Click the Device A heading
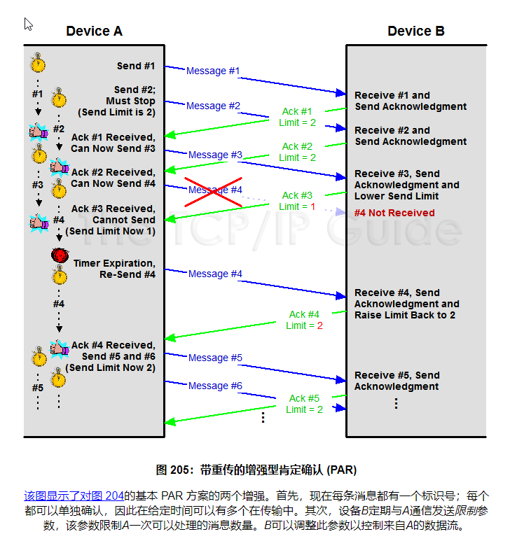point(94,31)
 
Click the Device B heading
point(416,31)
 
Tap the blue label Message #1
point(213,71)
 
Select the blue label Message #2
point(213,106)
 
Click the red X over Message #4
point(214,190)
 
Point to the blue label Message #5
point(215,358)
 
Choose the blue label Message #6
point(215,386)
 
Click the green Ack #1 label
point(297,111)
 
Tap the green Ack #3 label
point(297,195)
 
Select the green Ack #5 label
point(304,398)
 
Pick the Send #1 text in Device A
point(136,66)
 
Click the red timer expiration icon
point(59,255)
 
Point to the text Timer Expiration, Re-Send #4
point(114,269)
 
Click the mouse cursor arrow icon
point(29,24)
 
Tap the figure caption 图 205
point(256,469)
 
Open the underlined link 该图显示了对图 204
point(69,496)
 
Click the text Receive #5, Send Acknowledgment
point(397,381)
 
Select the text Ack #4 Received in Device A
point(113,345)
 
